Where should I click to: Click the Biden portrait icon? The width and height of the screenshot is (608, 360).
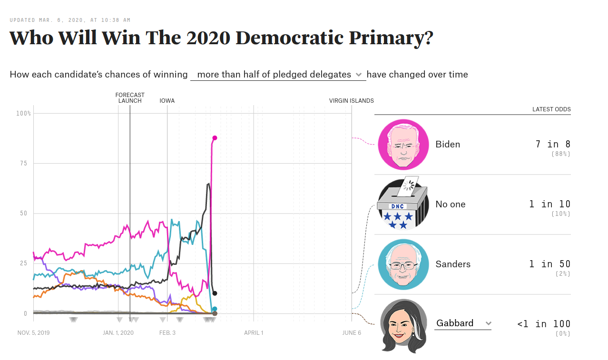pyautogui.click(x=403, y=145)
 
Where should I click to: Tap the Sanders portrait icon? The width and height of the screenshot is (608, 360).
pyautogui.click(x=403, y=264)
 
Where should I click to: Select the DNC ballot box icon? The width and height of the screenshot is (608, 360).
pyautogui.click(x=403, y=204)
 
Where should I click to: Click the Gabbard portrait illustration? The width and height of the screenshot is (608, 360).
pyautogui.click(x=403, y=326)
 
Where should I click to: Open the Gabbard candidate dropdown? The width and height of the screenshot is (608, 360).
pyautogui.click(x=463, y=323)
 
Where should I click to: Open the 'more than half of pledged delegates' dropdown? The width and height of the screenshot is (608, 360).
pyautogui.click(x=278, y=75)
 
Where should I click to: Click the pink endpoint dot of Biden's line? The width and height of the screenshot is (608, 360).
pyautogui.click(x=215, y=138)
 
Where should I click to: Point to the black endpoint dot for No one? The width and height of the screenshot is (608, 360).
pyautogui.click(x=215, y=293)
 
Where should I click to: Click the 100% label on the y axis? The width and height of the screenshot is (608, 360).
pyautogui.click(x=23, y=113)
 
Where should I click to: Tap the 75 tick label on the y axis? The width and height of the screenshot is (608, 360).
pyautogui.click(x=24, y=163)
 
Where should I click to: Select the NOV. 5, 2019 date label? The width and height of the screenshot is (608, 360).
pyautogui.click(x=33, y=333)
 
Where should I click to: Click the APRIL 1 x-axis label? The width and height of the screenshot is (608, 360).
pyautogui.click(x=254, y=333)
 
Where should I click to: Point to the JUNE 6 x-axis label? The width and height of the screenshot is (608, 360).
pyautogui.click(x=352, y=333)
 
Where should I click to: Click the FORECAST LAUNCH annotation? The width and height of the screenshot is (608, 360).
pyautogui.click(x=130, y=98)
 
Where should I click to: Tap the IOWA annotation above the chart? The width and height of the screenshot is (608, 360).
pyautogui.click(x=167, y=101)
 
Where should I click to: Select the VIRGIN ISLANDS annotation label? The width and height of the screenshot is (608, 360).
pyautogui.click(x=352, y=101)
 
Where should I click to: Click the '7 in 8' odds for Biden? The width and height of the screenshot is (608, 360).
pyautogui.click(x=553, y=144)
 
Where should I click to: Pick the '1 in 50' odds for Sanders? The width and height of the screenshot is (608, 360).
pyautogui.click(x=549, y=264)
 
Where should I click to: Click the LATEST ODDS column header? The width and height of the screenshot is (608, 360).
pyautogui.click(x=551, y=109)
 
